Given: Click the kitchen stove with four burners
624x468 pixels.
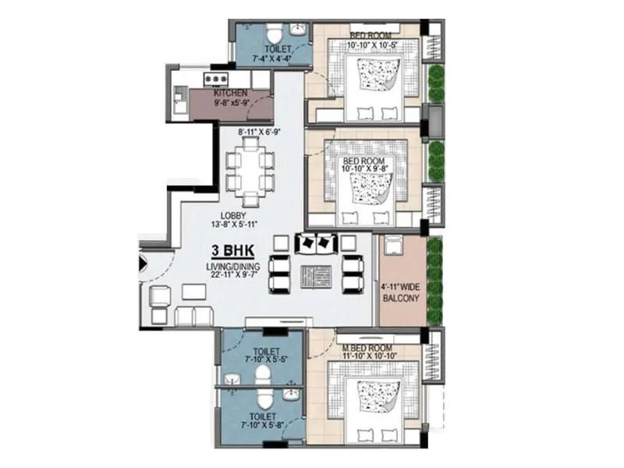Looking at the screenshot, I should [215, 78].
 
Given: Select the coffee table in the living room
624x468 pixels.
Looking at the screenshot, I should [316, 275].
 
